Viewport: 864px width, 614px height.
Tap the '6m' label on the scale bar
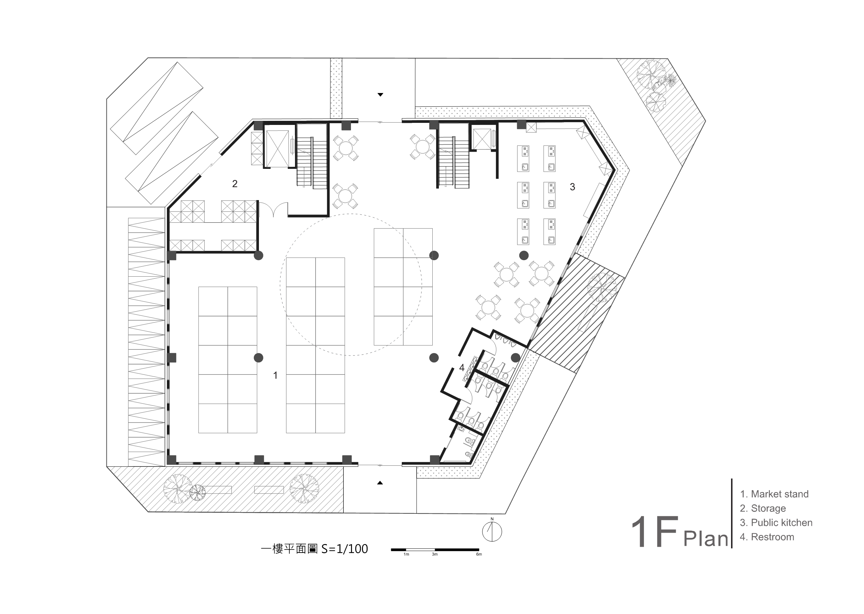click(479, 555)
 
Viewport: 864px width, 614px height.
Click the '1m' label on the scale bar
click(406, 555)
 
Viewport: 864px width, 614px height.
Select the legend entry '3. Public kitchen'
click(776, 522)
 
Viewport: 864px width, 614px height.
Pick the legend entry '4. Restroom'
click(767, 537)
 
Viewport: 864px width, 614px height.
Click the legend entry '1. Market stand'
click(774, 494)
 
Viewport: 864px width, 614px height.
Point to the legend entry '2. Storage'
click(763, 508)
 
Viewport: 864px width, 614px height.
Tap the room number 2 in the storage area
click(235, 184)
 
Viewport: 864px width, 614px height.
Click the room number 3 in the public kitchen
click(572, 187)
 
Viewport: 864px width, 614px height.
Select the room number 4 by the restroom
click(462, 368)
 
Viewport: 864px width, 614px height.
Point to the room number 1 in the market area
click(275, 375)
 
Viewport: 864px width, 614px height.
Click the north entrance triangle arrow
click(380, 94)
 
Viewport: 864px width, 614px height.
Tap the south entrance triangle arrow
click(380, 483)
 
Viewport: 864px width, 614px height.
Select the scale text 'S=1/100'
click(345, 548)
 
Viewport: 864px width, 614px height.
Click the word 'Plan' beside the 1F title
click(706, 538)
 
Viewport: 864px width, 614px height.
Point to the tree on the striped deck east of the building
click(602, 287)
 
